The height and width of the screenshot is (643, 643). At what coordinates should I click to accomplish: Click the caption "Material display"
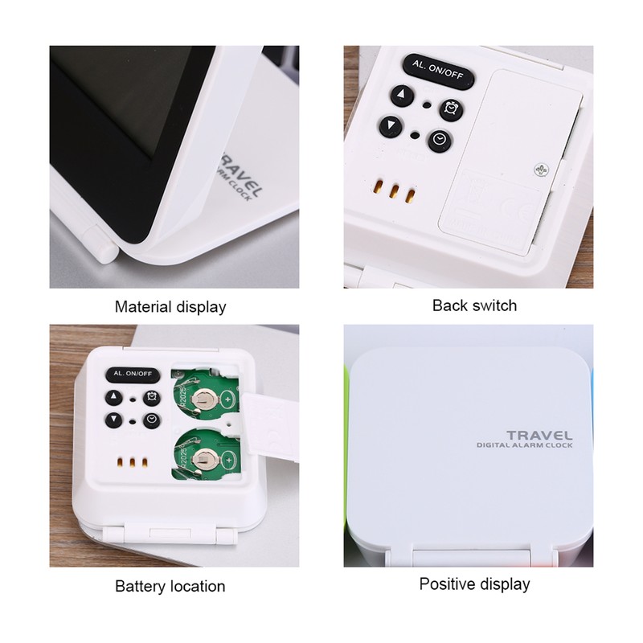point(170,306)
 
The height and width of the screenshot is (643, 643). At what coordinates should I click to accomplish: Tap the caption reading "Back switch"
point(474,305)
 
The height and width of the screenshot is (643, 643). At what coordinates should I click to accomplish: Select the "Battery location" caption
point(170,586)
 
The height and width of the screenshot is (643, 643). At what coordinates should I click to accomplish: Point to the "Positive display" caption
point(474,584)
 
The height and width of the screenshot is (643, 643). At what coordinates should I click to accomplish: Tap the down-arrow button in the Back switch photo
point(391,126)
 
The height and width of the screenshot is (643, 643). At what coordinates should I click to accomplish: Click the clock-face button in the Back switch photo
point(439,141)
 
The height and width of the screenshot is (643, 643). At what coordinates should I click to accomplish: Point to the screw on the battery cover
point(539,169)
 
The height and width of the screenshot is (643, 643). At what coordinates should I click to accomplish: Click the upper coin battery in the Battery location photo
point(210,397)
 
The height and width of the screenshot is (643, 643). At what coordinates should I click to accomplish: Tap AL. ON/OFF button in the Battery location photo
point(133,375)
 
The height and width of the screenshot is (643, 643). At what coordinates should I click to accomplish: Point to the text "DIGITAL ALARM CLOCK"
point(523,446)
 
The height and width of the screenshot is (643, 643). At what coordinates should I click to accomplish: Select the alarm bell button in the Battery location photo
point(150,397)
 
